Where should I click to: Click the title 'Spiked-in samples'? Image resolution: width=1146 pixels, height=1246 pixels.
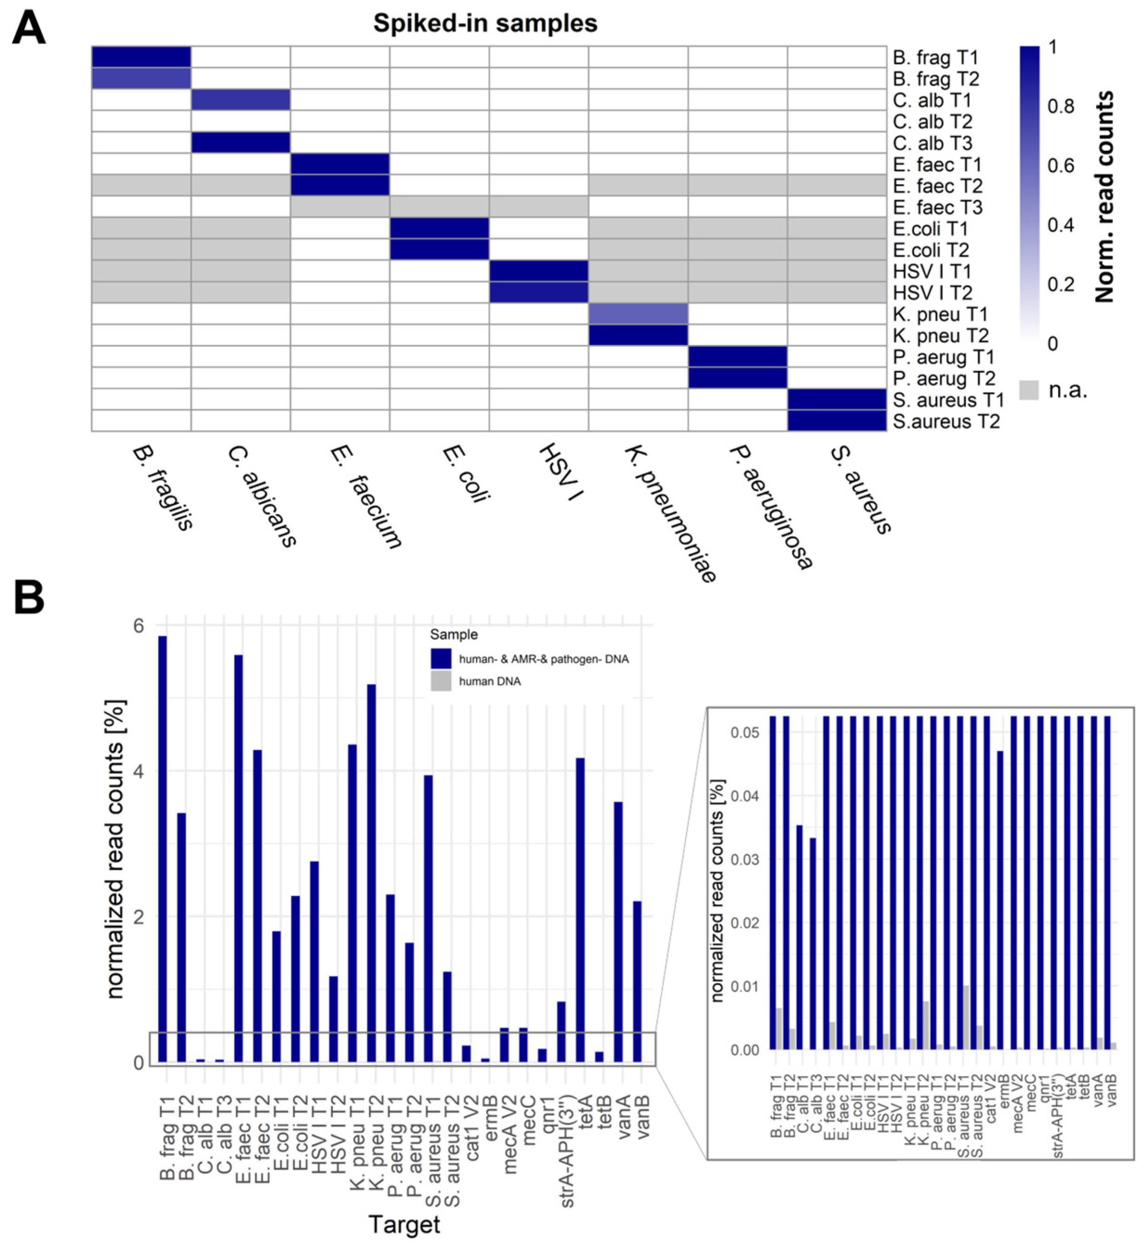(x=485, y=24)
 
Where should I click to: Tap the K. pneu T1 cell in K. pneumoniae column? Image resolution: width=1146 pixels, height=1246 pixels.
(x=638, y=314)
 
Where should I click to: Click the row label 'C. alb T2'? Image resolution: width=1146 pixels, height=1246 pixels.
(x=932, y=122)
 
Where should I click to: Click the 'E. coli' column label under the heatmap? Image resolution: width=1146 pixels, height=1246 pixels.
(x=466, y=472)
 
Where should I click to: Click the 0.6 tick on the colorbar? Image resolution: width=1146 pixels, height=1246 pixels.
(x=1060, y=165)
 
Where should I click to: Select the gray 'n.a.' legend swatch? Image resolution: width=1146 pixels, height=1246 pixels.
(x=1029, y=390)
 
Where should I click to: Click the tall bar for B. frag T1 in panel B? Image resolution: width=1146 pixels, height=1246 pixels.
(x=163, y=849)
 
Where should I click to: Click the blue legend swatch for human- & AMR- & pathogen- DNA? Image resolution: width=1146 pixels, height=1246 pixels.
(x=441, y=658)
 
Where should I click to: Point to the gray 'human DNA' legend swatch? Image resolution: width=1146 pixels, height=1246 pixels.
(x=441, y=681)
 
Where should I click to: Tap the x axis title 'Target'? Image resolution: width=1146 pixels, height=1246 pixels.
(x=404, y=1224)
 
